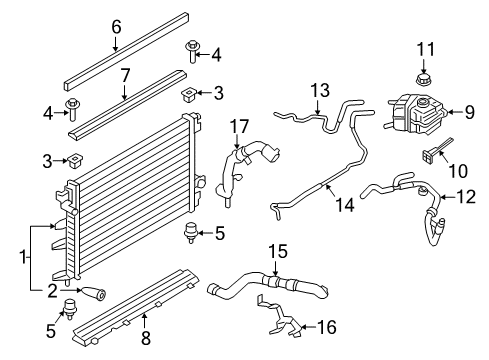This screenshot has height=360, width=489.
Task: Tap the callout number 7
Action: (x=126, y=74)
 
